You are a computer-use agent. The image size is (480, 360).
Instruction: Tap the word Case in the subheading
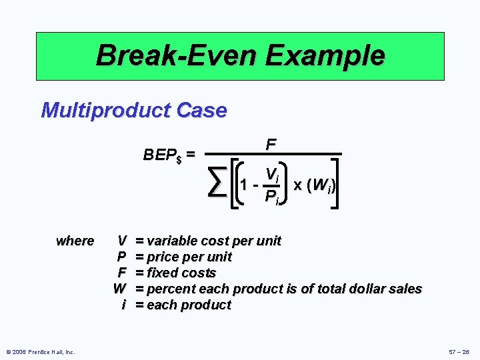tap(203, 110)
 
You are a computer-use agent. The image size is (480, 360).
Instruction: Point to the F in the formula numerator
tap(271, 145)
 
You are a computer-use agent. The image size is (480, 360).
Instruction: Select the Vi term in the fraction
tap(271, 174)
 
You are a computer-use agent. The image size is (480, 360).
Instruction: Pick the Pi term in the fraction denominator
tap(271, 196)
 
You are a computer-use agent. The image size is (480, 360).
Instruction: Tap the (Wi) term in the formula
tap(324, 183)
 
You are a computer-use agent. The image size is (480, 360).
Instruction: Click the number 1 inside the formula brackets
tap(246, 185)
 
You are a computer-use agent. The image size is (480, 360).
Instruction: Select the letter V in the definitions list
tap(122, 241)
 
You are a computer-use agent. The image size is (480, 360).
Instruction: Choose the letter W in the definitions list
tap(120, 289)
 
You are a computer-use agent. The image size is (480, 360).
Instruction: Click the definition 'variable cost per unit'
tap(213, 241)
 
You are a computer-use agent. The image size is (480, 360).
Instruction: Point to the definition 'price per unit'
tap(189, 257)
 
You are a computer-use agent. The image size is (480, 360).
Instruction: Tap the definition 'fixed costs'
tap(181, 273)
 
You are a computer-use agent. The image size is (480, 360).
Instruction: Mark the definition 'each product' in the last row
tap(189, 305)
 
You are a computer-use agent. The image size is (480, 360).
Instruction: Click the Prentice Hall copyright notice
tap(41, 351)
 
